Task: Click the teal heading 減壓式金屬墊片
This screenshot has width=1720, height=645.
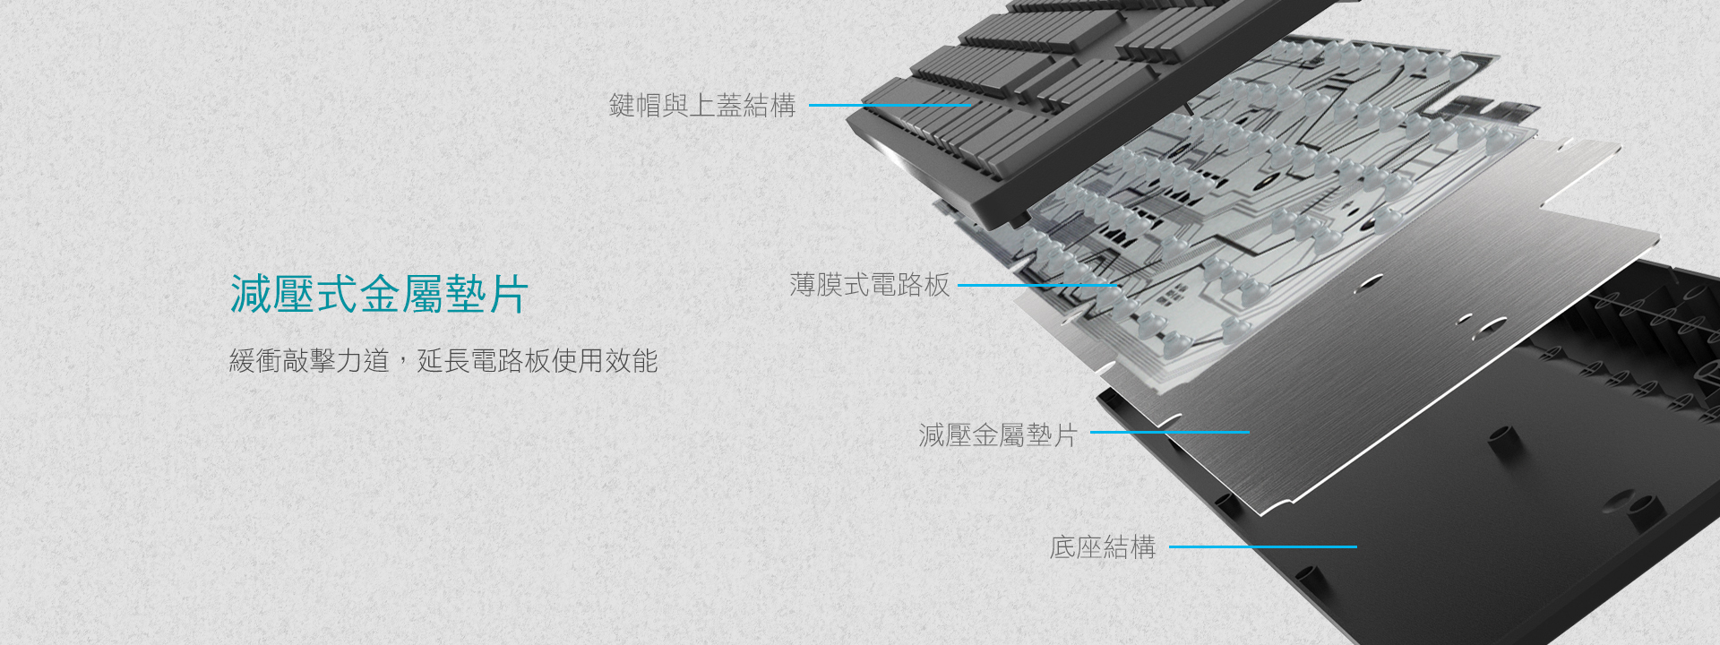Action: (379, 294)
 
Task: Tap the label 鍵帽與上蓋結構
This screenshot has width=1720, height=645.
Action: (701, 106)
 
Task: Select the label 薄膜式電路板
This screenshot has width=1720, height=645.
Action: (869, 285)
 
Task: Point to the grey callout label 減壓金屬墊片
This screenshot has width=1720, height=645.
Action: (997, 435)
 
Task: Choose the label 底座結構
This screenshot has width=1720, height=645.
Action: (1102, 546)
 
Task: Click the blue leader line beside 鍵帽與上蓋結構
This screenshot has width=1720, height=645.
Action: (889, 106)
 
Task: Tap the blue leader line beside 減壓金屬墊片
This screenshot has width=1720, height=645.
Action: (1169, 433)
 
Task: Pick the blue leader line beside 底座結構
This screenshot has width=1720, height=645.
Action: (1262, 546)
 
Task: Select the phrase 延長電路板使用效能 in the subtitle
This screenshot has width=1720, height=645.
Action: (537, 361)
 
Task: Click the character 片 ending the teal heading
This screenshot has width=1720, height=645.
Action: (508, 294)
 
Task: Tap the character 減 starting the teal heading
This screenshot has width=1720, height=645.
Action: (251, 294)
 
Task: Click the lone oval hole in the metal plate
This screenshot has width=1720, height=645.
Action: (1368, 285)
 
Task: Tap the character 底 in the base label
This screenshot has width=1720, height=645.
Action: (1062, 546)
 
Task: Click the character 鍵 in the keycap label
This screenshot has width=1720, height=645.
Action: (622, 106)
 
